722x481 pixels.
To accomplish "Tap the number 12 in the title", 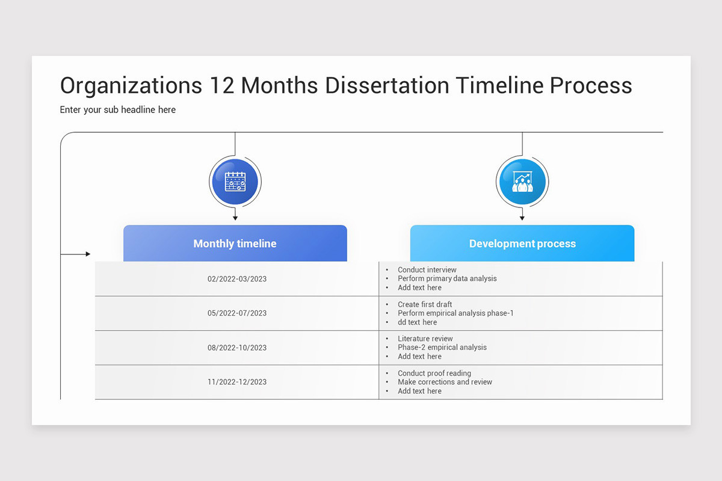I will click(222, 85).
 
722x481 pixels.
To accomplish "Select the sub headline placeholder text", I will click(118, 109).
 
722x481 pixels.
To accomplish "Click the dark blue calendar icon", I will click(235, 181).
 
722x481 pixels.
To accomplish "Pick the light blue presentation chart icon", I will click(522, 181).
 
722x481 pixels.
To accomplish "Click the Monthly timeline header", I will click(235, 244).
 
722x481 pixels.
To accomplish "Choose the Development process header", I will click(522, 244).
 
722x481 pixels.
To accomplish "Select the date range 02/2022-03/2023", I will click(237, 279).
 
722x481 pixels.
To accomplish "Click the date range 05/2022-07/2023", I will click(237, 313).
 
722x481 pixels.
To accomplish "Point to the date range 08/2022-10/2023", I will click(237, 348).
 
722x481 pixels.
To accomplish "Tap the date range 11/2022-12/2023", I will click(237, 382).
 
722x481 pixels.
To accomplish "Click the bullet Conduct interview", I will click(427, 270).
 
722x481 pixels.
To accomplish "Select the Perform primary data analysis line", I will click(447, 278).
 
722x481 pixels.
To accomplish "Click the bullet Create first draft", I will click(425, 304).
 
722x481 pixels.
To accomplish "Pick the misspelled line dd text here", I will click(418, 322).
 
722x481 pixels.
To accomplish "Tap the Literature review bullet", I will click(425, 339).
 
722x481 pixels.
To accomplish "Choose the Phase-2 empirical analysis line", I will click(442, 348).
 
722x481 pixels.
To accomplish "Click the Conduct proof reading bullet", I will click(434, 373).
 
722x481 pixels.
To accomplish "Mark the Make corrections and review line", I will click(445, 382).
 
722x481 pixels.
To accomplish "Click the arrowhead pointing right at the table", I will click(88, 254).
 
